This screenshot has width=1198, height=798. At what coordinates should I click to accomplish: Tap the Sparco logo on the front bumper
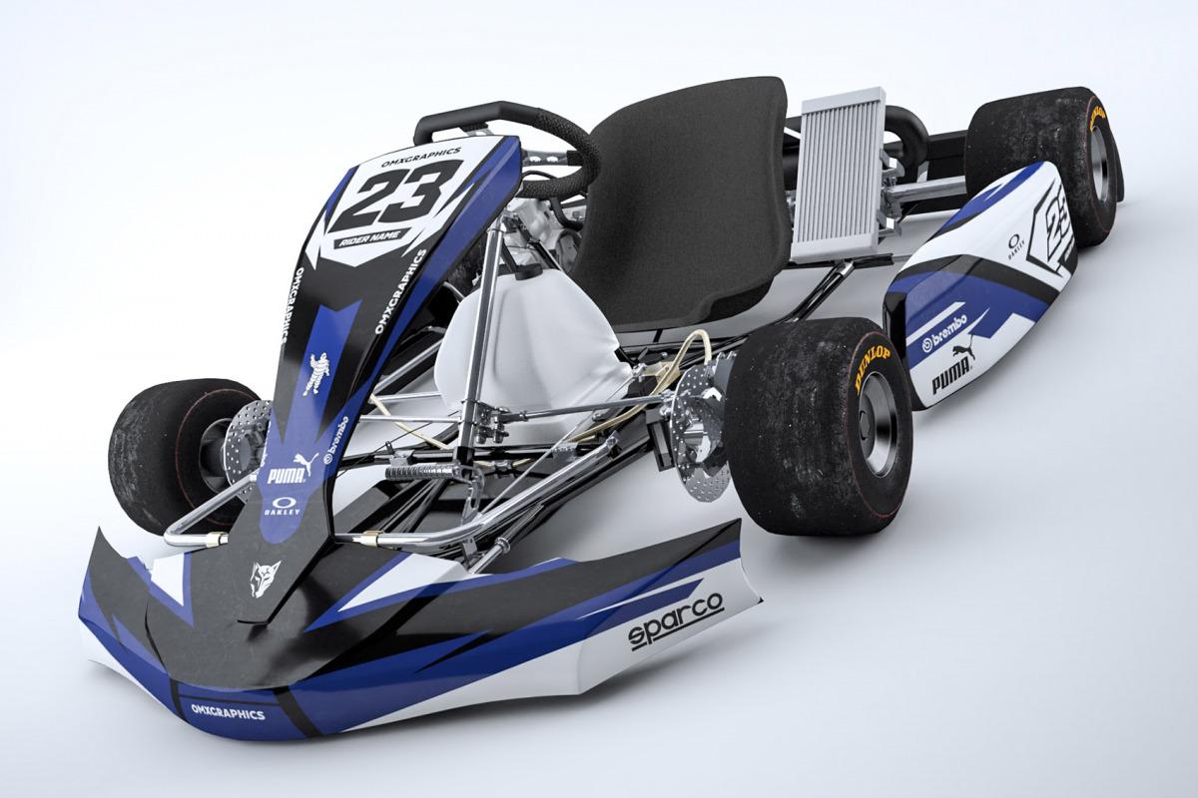[675, 620]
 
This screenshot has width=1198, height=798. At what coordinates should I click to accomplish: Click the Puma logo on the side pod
[952, 370]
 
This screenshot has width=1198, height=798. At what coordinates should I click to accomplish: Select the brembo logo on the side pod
[944, 333]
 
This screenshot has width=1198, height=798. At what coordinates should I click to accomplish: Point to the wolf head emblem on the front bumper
[264, 578]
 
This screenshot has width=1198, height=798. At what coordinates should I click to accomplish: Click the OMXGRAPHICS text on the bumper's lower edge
[228, 712]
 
